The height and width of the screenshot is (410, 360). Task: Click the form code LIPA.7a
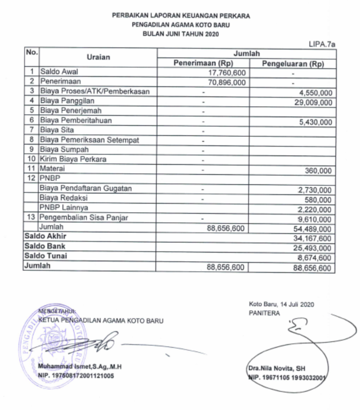point(322,44)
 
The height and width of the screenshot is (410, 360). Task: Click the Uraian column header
point(98,57)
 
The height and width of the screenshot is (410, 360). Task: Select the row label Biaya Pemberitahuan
point(76,121)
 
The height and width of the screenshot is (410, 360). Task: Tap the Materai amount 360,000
point(318,170)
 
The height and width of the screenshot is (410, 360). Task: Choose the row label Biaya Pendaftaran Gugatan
point(85,189)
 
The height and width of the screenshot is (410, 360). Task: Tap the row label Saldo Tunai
point(46,256)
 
